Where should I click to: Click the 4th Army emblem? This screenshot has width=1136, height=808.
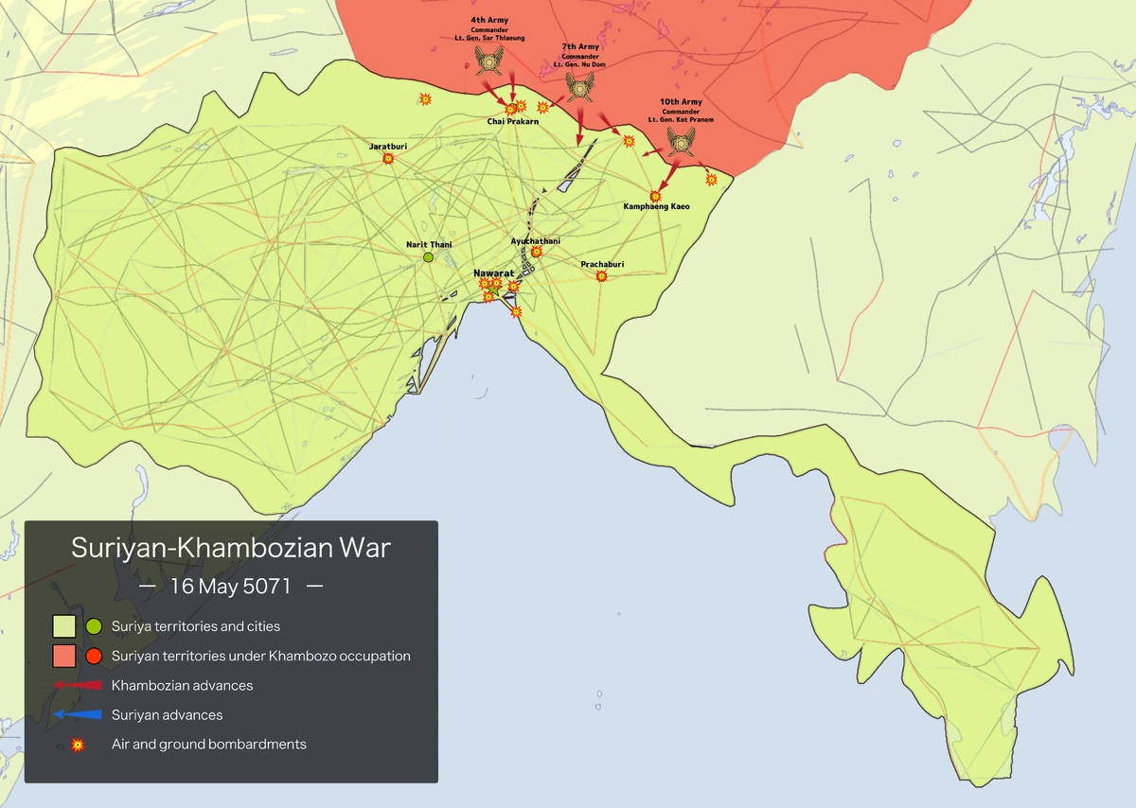(489, 63)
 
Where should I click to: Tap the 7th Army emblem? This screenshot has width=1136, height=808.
(579, 87)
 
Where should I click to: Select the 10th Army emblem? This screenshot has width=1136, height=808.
(681, 142)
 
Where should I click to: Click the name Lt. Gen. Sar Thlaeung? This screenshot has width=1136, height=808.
(489, 38)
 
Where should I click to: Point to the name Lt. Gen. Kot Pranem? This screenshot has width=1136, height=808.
(681, 120)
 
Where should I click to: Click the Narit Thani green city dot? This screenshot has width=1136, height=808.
(428, 257)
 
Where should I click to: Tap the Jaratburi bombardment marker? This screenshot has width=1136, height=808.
(388, 159)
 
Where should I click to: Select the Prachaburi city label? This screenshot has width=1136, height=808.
(602, 265)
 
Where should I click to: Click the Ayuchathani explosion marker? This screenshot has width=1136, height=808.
(537, 253)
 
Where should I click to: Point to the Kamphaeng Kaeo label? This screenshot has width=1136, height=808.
(656, 206)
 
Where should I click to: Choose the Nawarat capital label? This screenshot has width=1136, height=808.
(493, 272)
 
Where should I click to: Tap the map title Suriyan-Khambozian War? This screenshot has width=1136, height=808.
(231, 548)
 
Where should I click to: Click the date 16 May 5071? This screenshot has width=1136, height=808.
(231, 586)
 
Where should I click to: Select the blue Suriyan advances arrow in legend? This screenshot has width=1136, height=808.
(78, 715)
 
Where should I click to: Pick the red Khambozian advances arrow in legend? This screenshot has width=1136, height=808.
(78, 685)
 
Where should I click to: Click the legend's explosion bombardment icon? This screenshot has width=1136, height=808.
(79, 746)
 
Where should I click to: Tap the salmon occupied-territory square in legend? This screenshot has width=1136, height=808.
(64, 656)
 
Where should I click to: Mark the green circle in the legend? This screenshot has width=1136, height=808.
(93, 626)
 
